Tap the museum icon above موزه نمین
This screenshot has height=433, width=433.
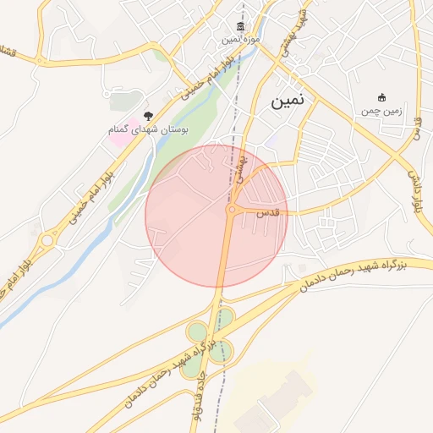point(242,28)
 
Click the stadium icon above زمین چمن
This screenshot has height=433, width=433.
point(381,97)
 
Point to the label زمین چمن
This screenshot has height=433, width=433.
point(381,110)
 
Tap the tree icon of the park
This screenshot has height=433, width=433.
point(149,115)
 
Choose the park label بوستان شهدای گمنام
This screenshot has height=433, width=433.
point(149,129)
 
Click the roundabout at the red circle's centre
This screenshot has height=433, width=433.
point(231,209)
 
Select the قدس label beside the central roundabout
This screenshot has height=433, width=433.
point(268,215)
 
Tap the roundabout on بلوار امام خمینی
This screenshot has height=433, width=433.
point(46,241)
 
